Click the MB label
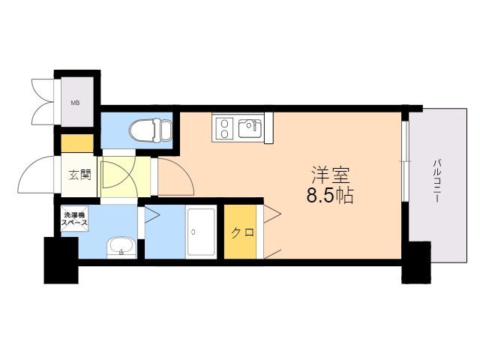click(x=75, y=103)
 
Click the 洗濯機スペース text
click(x=75, y=219)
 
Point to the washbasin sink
click(x=120, y=244)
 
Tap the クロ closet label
click(x=241, y=232)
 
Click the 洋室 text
click(x=330, y=176)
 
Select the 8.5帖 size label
click(x=330, y=197)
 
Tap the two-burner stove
click(x=224, y=128)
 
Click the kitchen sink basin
click(x=250, y=128)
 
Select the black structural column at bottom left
click(x=60, y=259)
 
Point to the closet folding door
click(x=271, y=232)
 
